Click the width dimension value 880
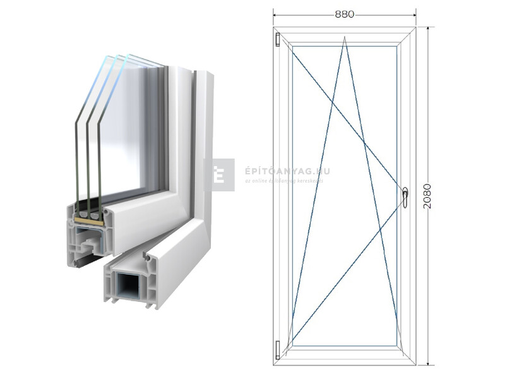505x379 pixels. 345,13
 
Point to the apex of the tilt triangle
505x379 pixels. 345,38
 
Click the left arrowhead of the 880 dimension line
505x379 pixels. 276,13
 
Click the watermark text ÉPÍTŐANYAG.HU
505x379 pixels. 287,171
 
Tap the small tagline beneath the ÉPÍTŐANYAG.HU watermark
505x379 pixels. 283,181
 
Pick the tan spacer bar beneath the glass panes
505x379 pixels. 88,217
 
